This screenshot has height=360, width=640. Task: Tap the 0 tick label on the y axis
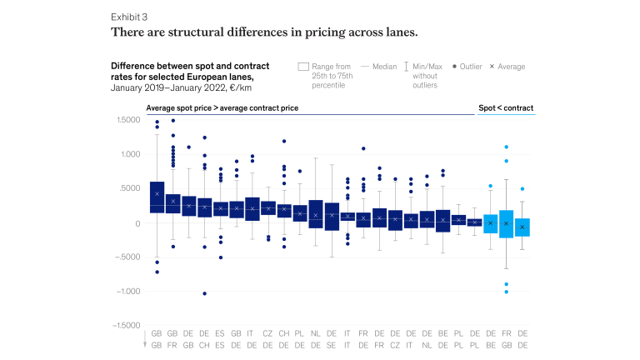click(135, 223)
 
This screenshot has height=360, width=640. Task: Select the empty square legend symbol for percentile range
click(303, 67)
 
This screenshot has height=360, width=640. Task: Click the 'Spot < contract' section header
click(506, 108)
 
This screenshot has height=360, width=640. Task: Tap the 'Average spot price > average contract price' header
click(222, 108)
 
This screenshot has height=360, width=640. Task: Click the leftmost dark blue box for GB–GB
click(157, 197)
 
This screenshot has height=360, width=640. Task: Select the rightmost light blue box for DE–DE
click(522, 227)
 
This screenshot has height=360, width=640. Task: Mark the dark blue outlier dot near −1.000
click(205, 293)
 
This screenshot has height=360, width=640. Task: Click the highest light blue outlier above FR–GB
click(506, 147)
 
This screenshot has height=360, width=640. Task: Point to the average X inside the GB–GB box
click(157, 193)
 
